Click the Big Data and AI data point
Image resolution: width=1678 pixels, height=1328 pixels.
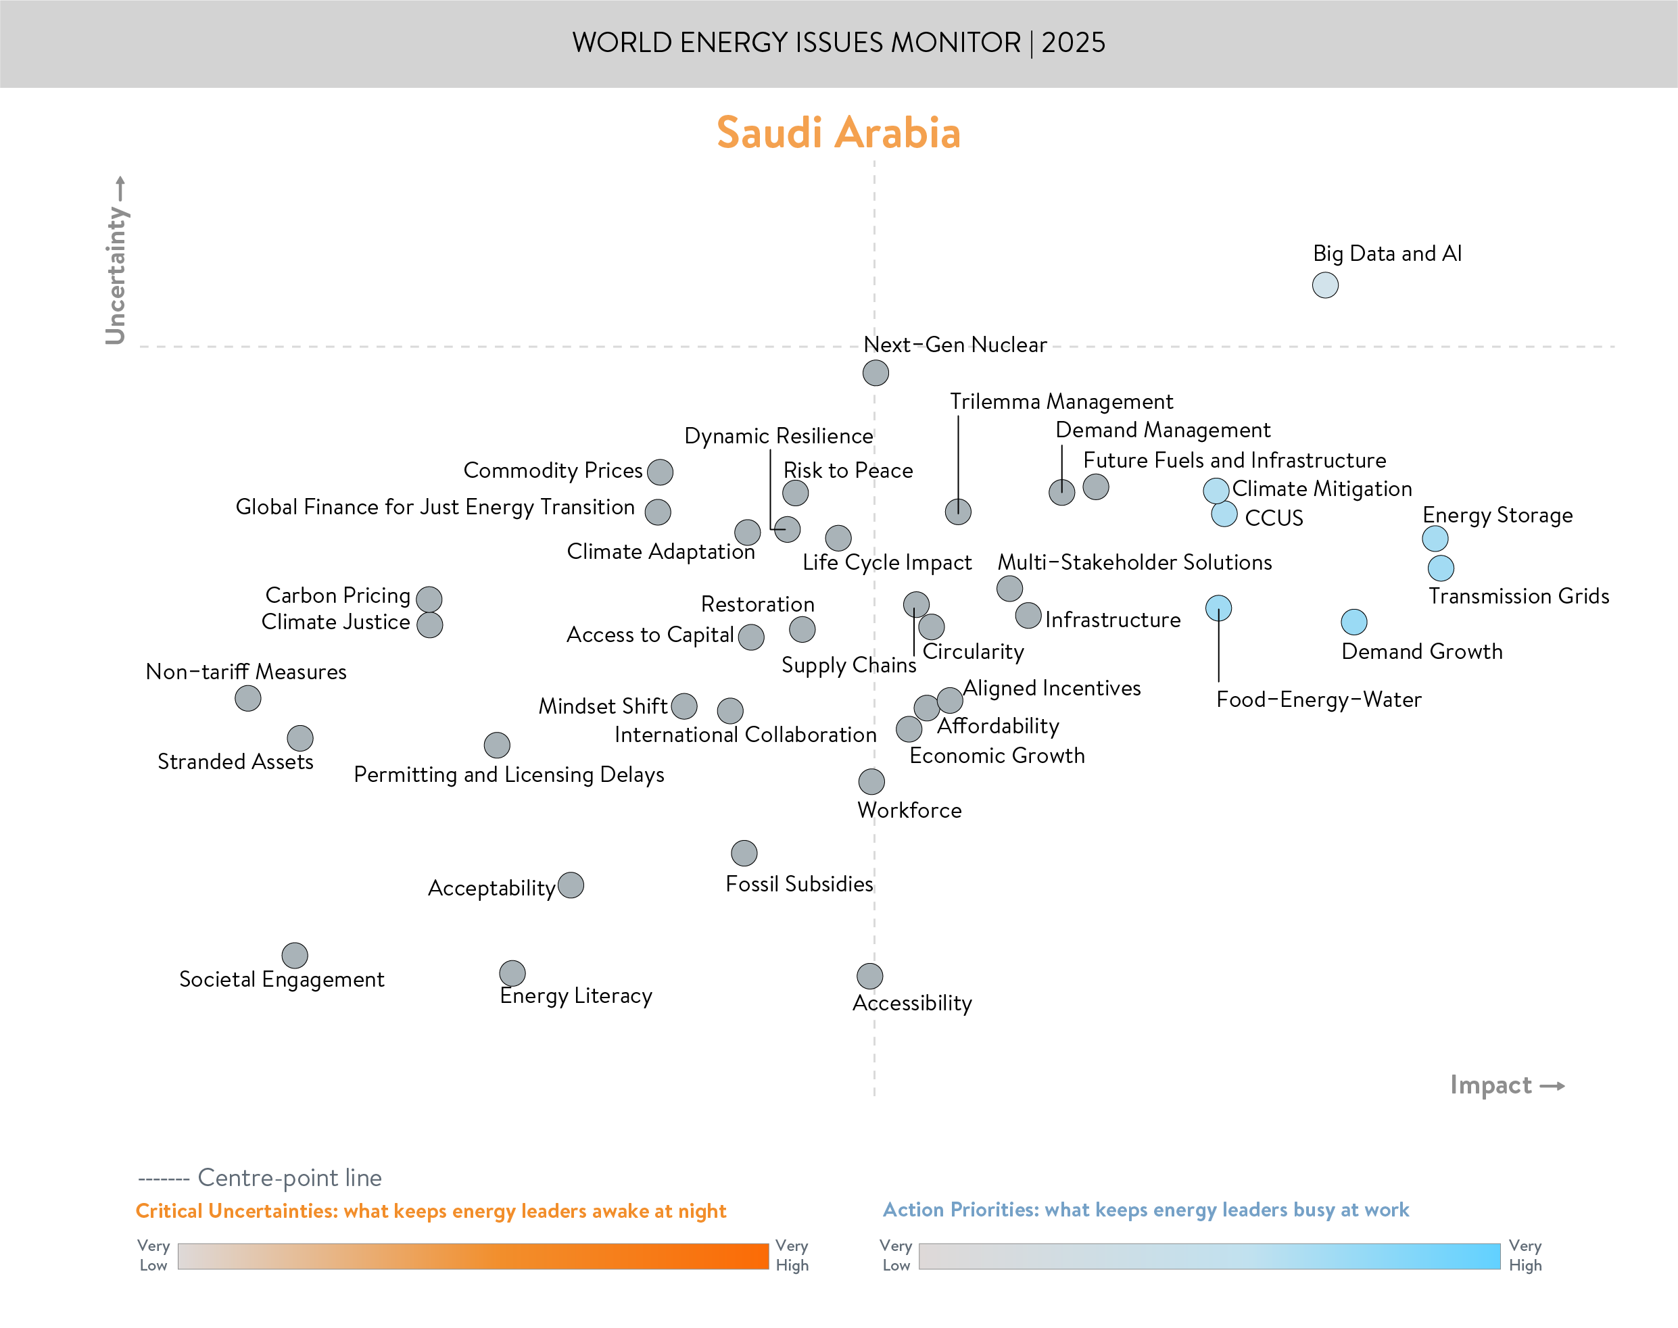1325,285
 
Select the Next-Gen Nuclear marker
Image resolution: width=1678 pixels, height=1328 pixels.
876,373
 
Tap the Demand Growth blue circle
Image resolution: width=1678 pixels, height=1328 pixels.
1353,622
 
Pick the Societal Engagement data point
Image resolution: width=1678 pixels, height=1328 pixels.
295,956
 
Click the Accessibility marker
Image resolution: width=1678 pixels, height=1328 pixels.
870,976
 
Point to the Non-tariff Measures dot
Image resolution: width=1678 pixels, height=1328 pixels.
248,698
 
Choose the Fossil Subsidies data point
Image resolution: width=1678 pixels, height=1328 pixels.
744,853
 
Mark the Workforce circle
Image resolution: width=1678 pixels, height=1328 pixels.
871,781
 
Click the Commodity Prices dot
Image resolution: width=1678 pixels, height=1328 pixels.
660,472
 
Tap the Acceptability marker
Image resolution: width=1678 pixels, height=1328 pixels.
571,885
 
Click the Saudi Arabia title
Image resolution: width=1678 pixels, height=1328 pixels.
838,133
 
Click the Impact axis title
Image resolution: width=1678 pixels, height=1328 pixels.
1491,1085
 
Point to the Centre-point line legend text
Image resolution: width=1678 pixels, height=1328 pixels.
289,1178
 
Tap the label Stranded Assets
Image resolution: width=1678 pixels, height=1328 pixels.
235,761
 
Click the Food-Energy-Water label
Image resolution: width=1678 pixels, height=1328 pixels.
1319,699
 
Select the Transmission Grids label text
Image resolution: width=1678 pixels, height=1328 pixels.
1518,596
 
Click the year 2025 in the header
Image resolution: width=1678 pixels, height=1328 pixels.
1073,43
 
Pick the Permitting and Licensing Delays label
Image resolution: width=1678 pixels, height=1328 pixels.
508,774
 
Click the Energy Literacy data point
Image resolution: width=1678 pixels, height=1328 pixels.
512,973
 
